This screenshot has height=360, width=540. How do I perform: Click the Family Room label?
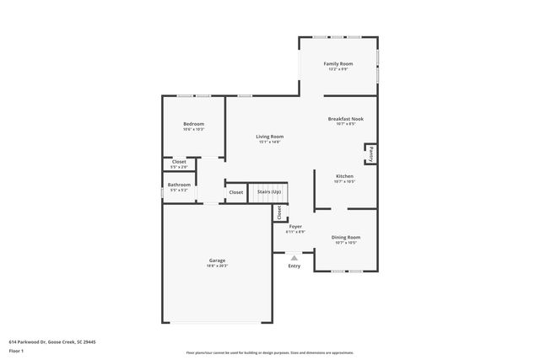pyautogui.click(x=339, y=64)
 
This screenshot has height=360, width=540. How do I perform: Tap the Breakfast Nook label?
pyautogui.click(x=345, y=120)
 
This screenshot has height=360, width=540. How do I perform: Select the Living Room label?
pyautogui.click(x=270, y=137)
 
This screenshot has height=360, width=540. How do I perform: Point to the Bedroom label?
pyautogui.click(x=193, y=124)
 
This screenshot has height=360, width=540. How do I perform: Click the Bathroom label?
pyautogui.click(x=179, y=185)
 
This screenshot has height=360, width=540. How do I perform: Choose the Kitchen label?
pyautogui.click(x=343, y=176)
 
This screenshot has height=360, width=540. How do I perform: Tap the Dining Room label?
pyautogui.click(x=345, y=238)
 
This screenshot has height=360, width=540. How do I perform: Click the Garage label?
pyautogui.click(x=217, y=261)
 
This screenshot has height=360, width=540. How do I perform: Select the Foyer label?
pyautogui.click(x=295, y=227)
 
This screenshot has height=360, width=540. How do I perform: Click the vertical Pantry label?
pyautogui.click(x=370, y=153)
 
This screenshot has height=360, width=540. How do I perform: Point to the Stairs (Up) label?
pyautogui.click(x=269, y=192)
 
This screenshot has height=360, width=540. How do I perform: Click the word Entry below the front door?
pyautogui.click(x=294, y=266)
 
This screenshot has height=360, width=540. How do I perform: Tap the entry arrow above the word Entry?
pyautogui.click(x=294, y=257)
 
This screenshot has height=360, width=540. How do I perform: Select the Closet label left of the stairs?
pyautogui.click(x=235, y=192)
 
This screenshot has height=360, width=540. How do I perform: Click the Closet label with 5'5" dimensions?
pyautogui.click(x=179, y=162)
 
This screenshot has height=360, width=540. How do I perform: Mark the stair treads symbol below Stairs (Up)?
pyautogui.click(x=269, y=201)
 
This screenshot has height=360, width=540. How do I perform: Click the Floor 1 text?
pyautogui.click(x=17, y=348)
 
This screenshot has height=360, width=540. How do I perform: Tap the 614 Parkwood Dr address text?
pyautogui.click(x=52, y=341)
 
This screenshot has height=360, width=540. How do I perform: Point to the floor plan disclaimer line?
pyautogui.click(x=270, y=352)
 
